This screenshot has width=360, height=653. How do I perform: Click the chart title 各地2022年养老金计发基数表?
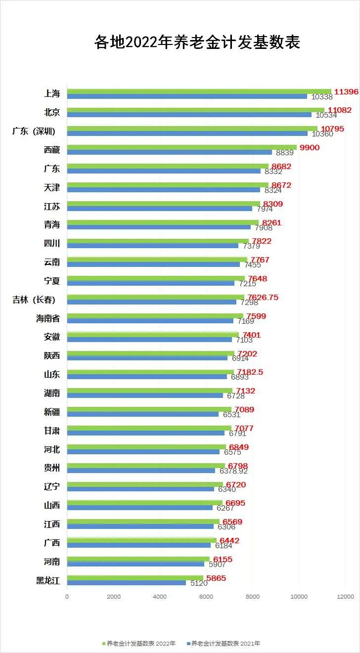[x=197, y=43]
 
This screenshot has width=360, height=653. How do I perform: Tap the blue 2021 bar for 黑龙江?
[x=126, y=583]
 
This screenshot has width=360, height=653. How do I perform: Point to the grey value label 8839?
[x=284, y=153]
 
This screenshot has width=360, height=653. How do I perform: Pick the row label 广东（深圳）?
[x=34, y=131]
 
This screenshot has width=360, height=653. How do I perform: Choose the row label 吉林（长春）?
[x=34, y=300]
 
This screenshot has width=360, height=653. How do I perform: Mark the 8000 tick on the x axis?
[x=252, y=597]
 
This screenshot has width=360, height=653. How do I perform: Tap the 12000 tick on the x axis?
[x=345, y=597]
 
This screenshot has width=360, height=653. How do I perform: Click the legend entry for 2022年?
[x=139, y=644]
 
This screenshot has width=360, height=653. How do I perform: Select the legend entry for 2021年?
[x=224, y=644]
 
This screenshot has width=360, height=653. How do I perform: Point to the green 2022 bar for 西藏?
[x=181, y=147]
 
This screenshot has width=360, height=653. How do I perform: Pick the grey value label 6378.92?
[x=234, y=471]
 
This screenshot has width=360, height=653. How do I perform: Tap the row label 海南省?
[x=47, y=318]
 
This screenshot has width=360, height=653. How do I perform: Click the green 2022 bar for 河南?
[x=138, y=559]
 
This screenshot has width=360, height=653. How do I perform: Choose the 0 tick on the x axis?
[x=67, y=597]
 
